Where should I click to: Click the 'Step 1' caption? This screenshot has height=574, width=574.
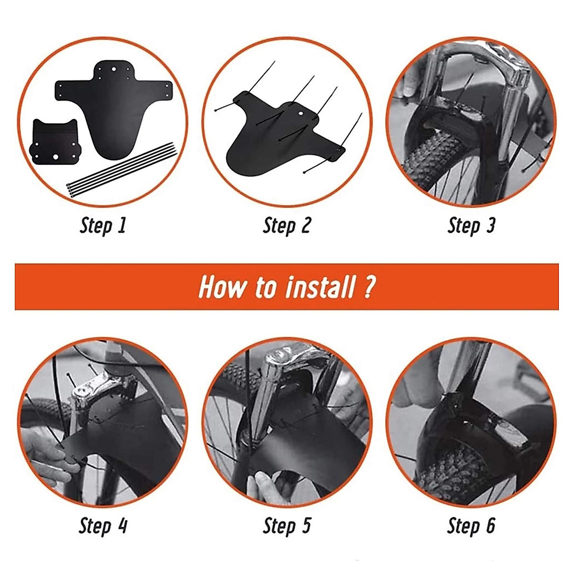click(x=103, y=225)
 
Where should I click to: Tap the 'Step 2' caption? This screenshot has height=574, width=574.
click(x=287, y=225)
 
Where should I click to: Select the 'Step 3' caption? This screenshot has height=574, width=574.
click(x=471, y=225)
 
